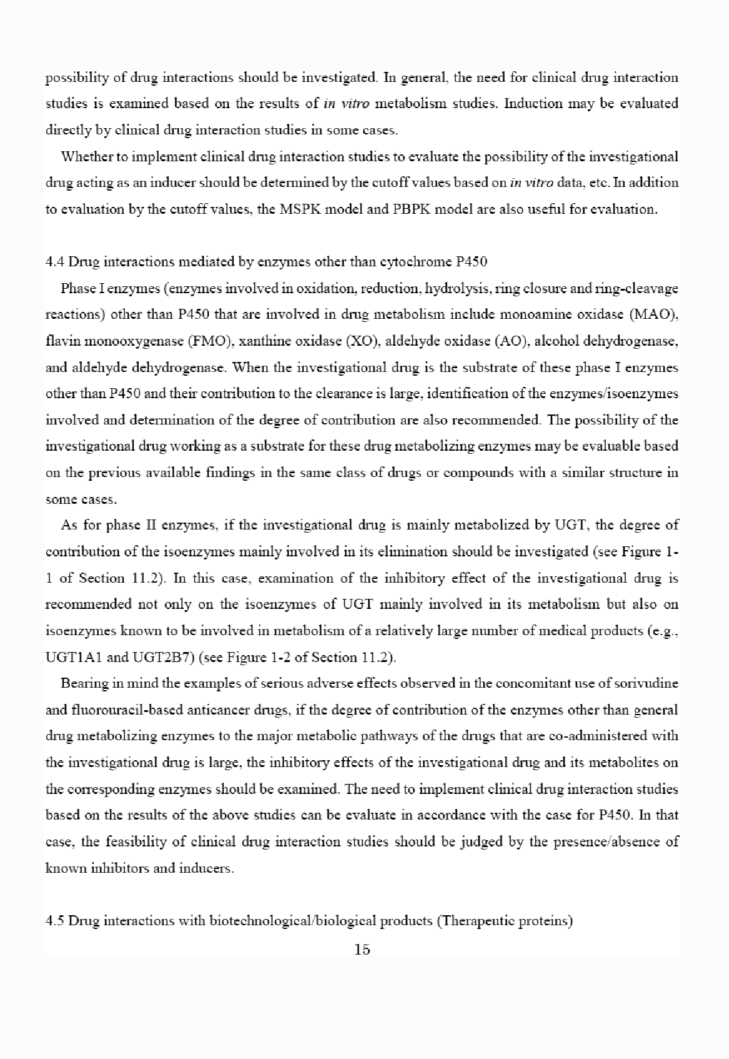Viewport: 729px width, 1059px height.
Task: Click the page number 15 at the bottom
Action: tap(362, 950)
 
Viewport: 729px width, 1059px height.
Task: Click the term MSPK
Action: tap(309, 209)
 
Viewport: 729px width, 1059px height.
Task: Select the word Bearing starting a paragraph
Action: tap(82, 683)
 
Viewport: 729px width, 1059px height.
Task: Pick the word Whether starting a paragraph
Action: tap(85, 156)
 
